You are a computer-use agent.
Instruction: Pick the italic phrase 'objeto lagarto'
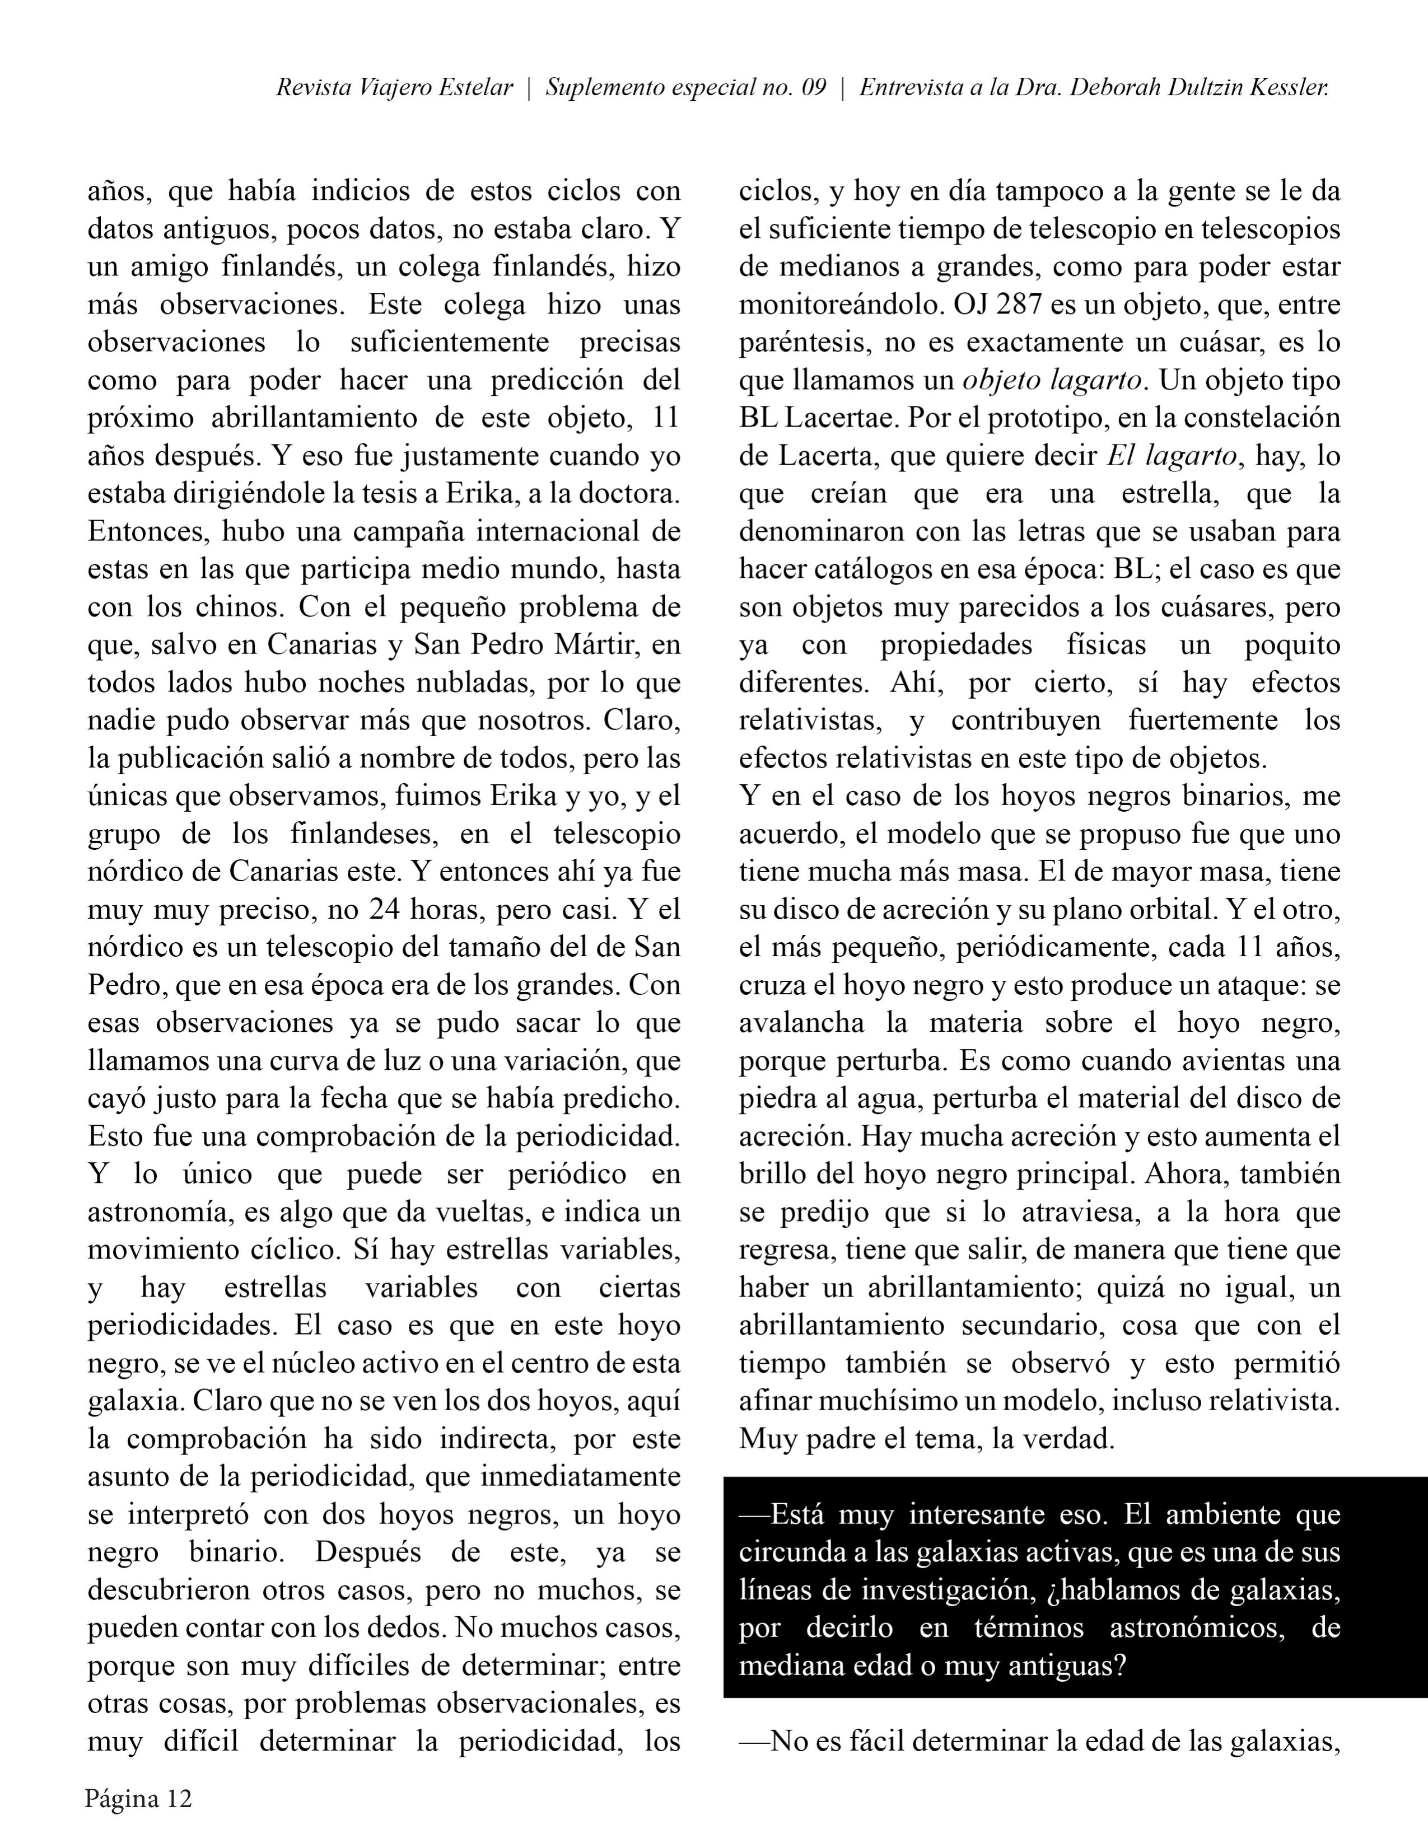pos(1052,381)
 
